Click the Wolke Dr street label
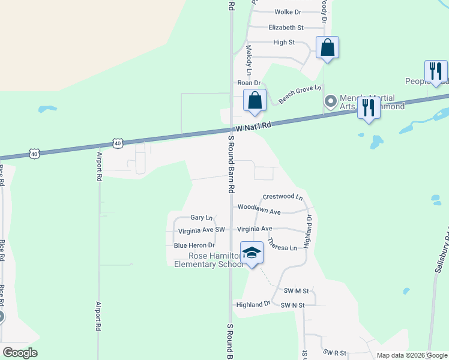[x=288, y=12]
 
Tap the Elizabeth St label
[x=286, y=28]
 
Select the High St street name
[x=284, y=43]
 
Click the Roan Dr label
[x=249, y=83]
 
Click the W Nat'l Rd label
[x=253, y=127]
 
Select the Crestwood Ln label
[x=283, y=197]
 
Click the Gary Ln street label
[x=202, y=218]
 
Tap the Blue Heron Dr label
[x=194, y=245]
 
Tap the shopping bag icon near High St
[x=327, y=47]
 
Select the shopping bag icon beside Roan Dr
[x=255, y=100]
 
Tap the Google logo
[x=20, y=353]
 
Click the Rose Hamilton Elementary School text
[x=207, y=260]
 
